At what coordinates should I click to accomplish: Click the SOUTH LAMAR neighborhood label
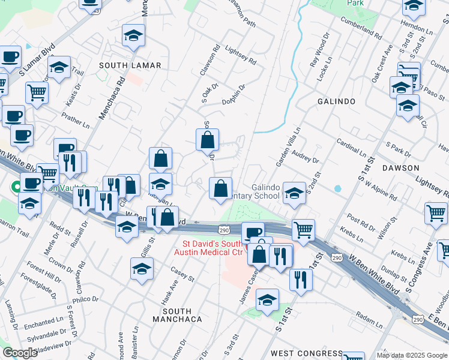pos(130,65)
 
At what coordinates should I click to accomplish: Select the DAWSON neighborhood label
pos(400,168)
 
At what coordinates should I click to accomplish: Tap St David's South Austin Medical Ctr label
pos(212,248)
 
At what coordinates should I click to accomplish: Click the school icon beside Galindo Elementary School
pos(294,193)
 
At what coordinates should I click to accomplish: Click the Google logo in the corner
pos(20,353)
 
